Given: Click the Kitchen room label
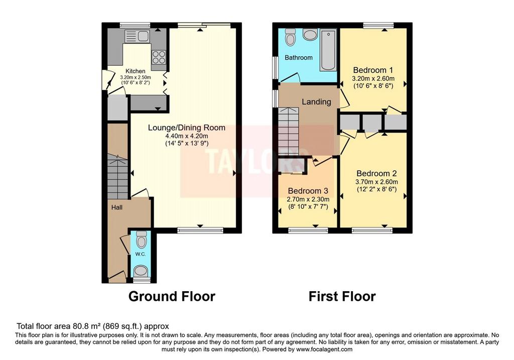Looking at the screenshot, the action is coord(136,71).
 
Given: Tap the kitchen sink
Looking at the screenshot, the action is coord(137,36).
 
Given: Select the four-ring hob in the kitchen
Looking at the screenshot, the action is coord(159,57).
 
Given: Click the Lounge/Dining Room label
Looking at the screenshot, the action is coord(187,128).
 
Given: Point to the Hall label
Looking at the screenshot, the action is coord(116,207).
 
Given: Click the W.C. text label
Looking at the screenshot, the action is coord(141,254).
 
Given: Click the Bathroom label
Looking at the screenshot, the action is coord(299,58).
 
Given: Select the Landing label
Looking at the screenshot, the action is coord(316,102).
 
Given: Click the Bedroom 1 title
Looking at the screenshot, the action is coord(373,70).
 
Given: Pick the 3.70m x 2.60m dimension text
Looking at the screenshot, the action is coord(376,182).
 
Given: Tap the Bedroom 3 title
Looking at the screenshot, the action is coord(308,191).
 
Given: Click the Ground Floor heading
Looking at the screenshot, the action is coord(172,296).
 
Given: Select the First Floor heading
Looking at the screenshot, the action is coord(342,296).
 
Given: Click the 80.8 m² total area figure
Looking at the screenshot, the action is coord(85,326).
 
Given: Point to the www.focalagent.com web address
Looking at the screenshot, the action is coord(324,349).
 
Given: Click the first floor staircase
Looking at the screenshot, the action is coord(289,131).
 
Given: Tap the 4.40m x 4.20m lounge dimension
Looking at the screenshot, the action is coord(187,136).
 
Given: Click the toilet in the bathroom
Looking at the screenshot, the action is coord(290,37).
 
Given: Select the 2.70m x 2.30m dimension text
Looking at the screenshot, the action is coord(308,199).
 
